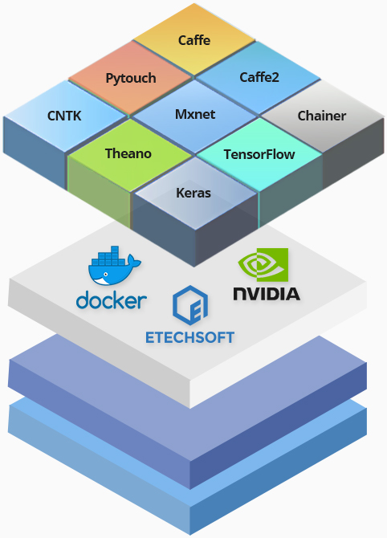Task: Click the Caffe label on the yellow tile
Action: click(x=194, y=40)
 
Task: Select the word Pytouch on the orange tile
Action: click(x=131, y=78)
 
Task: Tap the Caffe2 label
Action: click(x=259, y=77)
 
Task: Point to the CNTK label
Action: click(x=64, y=116)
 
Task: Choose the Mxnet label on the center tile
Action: click(x=195, y=114)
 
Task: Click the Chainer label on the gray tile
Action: click(x=321, y=116)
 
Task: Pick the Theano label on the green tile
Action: click(x=128, y=153)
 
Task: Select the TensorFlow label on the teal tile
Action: click(x=259, y=154)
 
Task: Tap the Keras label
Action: click(x=193, y=193)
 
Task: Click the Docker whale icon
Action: click(x=114, y=266)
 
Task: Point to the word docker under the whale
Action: click(x=112, y=300)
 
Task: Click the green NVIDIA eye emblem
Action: click(x=263, y=264)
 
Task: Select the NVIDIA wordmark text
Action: click(x=267, y=294)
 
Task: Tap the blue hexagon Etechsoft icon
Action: click(x=190, y=305)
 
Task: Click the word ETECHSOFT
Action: click(x=189, y=337)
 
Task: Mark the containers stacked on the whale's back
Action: click(x=108, y=256)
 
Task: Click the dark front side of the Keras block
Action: click(x=163, y=229)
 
